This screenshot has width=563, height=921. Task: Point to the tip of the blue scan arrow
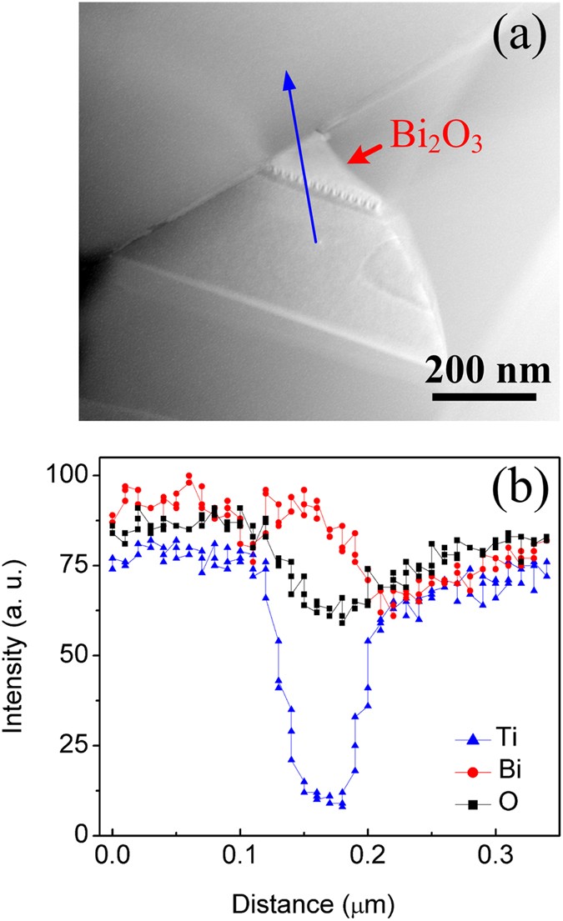287,73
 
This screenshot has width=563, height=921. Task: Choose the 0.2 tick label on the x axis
368,856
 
